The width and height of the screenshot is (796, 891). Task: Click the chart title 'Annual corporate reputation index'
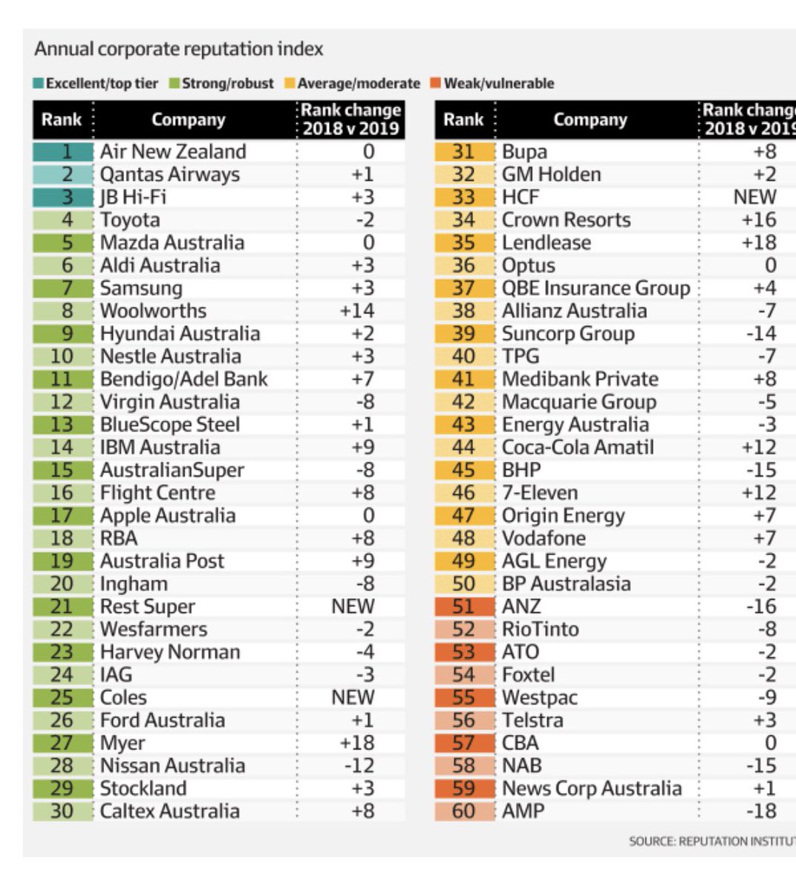[179, 50]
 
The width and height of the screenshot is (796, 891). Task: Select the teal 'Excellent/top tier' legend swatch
[39, 83]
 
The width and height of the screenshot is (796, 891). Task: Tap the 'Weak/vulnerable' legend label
[498, 83]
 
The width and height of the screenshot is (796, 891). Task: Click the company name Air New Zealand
[173, 151]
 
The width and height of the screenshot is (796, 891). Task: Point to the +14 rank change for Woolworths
[357, 311]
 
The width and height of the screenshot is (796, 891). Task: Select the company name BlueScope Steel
[170, 425]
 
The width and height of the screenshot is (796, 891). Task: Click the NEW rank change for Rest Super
[353, 607]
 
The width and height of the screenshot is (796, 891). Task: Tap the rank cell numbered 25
[63, 698]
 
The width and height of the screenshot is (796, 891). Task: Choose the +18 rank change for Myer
[357, 743]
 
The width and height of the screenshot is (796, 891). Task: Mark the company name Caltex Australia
[170, 812]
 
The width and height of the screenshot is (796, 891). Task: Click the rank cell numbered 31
[464, 151]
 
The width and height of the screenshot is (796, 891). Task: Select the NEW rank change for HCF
[754, 197]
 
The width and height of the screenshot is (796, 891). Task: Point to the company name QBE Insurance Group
[596, 288]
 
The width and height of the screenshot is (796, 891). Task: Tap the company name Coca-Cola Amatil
[578, 448]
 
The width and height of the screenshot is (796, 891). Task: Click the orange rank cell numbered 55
[464, 698]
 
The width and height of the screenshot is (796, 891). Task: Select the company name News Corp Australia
[592, 789]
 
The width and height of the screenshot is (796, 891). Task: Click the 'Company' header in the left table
[188, 120]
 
